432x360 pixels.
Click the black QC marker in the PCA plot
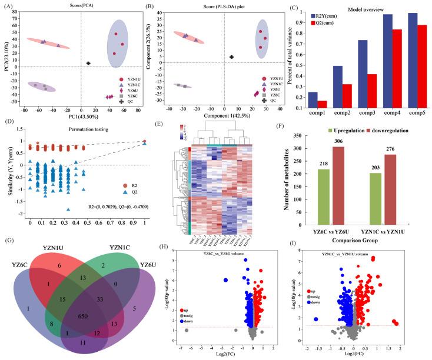88,63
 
